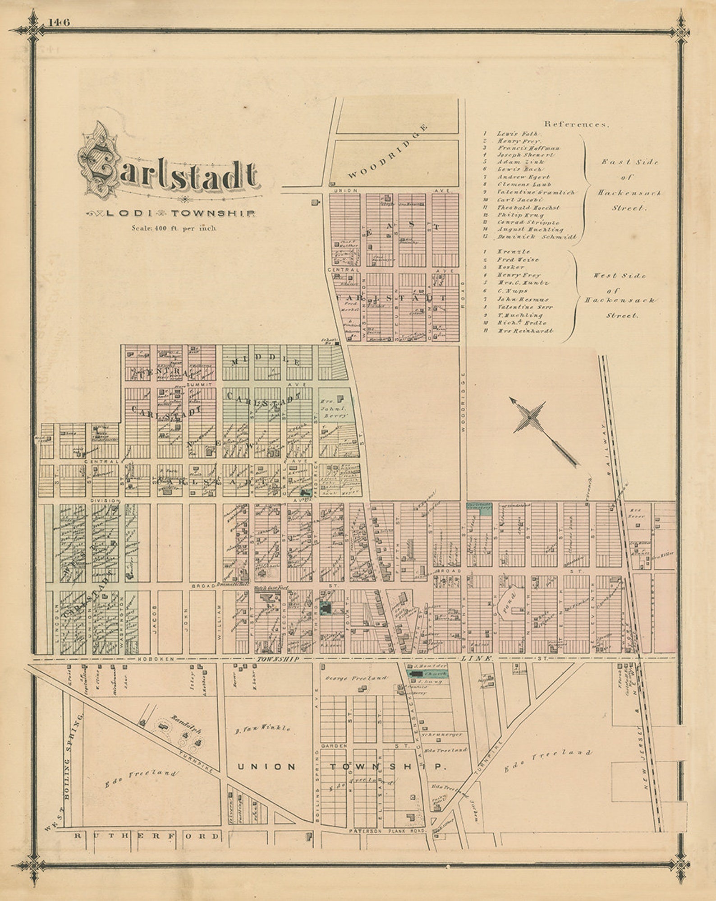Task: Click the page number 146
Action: tap(60, 23)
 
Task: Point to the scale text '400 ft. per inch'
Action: tap(174, 228)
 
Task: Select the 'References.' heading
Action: tap(576, 124)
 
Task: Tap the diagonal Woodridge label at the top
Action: tap(388, 152)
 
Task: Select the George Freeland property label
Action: tap(356, 678)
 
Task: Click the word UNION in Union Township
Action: tap(266, 767)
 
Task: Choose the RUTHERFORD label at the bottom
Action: tap(147, 836)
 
